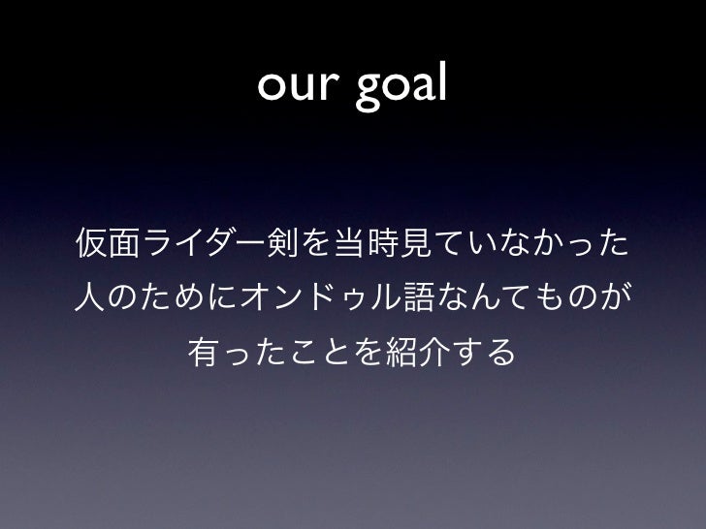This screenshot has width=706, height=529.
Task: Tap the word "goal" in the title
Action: [402, 90]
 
